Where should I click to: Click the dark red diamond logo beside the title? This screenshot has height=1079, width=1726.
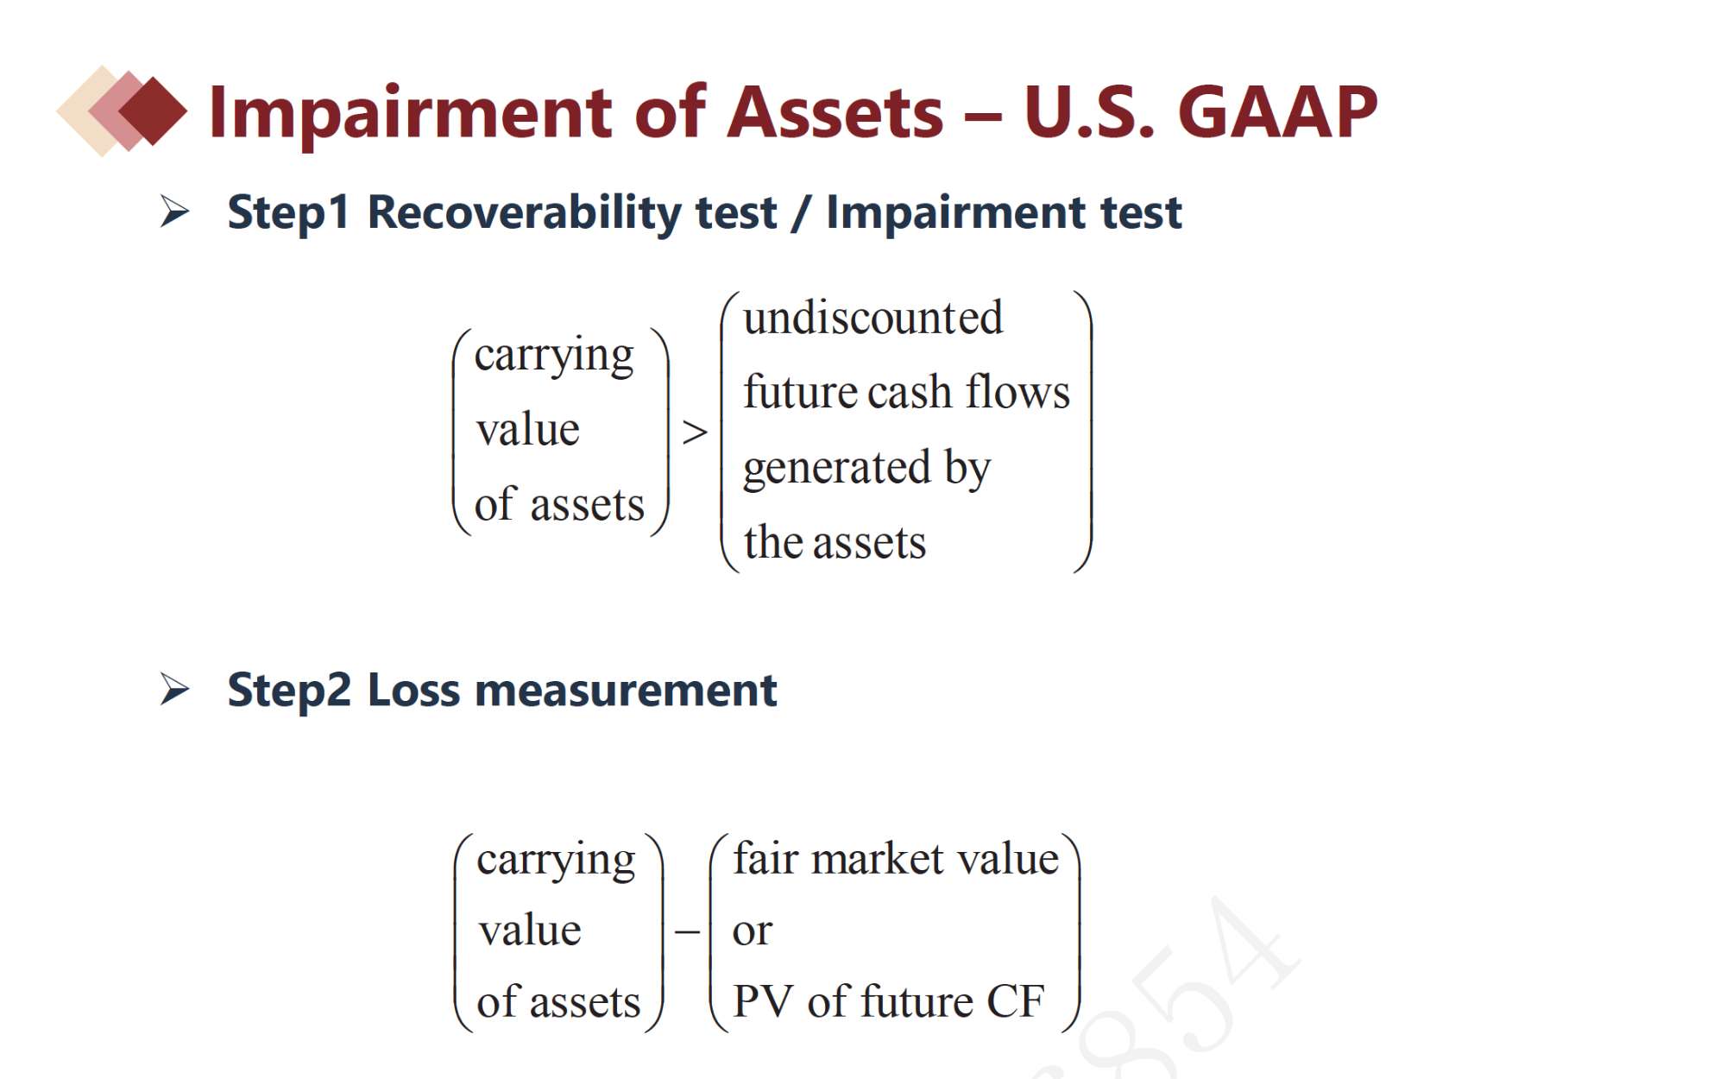(x=153, y=111)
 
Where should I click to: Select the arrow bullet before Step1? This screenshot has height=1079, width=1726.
(x=174, y=211)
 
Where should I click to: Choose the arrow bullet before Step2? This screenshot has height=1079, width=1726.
(x=174, y=690)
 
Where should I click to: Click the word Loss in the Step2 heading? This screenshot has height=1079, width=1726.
(x=413, y=690)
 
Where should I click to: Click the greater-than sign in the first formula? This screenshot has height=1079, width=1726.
(x=695, y=432)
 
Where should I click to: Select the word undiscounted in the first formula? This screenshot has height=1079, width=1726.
(x=872, y=318)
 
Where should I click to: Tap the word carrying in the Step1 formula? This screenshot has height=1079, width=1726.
(x=554, y=356)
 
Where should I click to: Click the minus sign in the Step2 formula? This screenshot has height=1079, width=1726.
(x=687, y=932)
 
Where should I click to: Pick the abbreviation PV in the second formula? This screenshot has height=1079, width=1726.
(x=763, y=1002)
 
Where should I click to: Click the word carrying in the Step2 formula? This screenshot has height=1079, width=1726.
(x=556, y=860)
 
